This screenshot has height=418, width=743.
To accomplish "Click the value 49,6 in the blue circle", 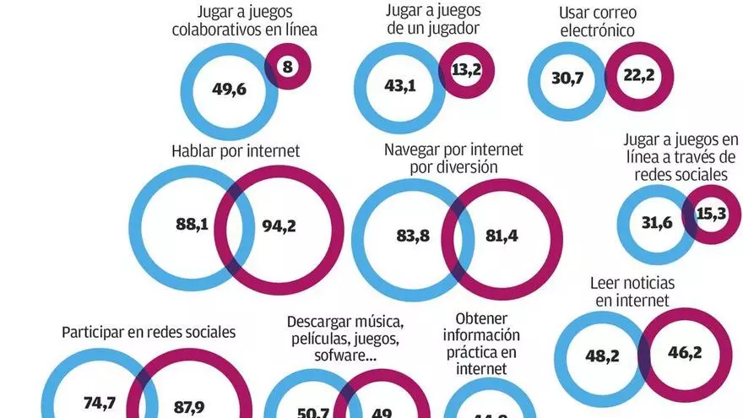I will (229, 88).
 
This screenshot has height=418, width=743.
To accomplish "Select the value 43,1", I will (400, 86).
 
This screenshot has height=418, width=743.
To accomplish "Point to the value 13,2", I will (465, 70).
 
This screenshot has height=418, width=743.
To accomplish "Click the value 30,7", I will (567, 79).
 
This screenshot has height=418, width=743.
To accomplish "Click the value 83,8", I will (413, 236).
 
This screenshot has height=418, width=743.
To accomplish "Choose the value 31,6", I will (655, 224).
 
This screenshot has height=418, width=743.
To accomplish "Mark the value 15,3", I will (711, 214).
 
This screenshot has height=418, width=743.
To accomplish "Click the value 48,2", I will (602, 356).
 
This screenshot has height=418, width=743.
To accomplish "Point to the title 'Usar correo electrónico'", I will (597, 23).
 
